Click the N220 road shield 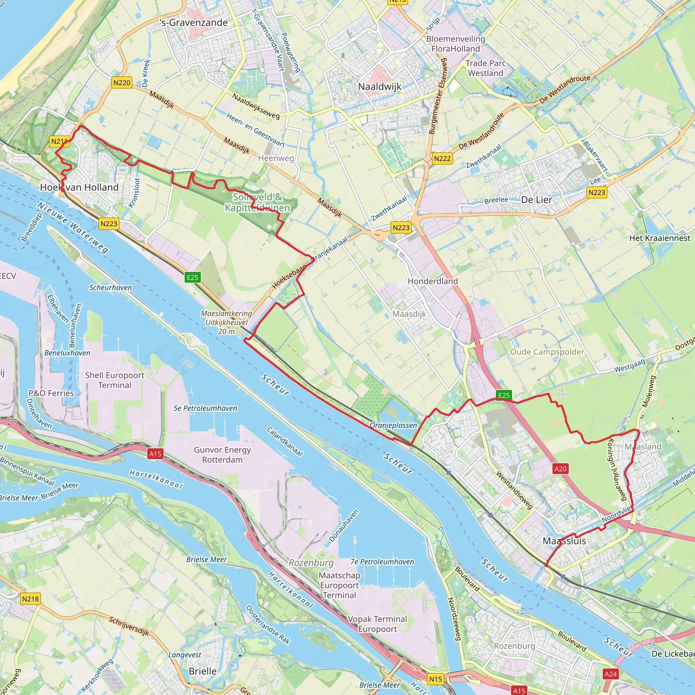click(x=121, y=83)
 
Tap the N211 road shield click(x=59, y=142)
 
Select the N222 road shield click(x=442, y=158)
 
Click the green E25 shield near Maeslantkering click(x=192, y=277)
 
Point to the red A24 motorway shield click(x=611, y=674)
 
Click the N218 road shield click(x=30, y=599)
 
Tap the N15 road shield click(x=435, y=679)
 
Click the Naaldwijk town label click(x=379, y=87)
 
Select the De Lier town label click(x=537, y=200)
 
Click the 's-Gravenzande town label click(x=194, y=23)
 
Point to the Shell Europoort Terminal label click(x=114, y=380)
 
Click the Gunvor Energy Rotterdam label click(x=222, y=455)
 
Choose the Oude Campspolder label click(x=547, y=352)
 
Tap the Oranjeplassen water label click(x=393, y=425)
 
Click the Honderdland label click(x=432, y=281)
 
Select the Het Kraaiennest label click(x=660, y=238)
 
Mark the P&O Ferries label click(x=51, y=393)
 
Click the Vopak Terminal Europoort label click(x=377, y=624)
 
